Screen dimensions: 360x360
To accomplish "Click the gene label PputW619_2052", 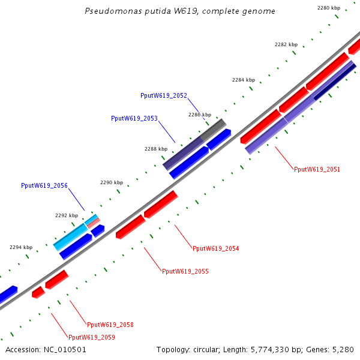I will coord(164,95).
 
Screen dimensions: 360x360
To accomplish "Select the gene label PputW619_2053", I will coord(134,118).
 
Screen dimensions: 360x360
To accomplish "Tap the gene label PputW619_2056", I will coord(44,186).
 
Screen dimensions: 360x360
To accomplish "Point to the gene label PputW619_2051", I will coord(317,169).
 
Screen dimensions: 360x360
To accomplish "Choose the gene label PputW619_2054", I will coord(215,248).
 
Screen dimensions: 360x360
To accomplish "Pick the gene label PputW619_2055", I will coord(185,271).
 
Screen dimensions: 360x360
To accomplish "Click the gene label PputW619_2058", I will coord(110,325).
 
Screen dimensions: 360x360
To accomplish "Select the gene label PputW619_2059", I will coord(92,337).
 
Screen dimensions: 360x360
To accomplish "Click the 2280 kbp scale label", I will coord(329,8).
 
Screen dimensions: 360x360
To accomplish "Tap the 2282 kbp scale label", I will coord(286,44).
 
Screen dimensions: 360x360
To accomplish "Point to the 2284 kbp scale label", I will coord(244,80).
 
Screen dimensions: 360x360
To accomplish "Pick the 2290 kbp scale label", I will coord(112,182).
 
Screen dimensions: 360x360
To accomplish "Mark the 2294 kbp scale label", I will coord(21,247).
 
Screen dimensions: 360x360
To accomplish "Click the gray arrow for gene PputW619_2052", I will coord(213,130).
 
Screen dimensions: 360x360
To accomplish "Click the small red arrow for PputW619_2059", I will coord(38,292).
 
